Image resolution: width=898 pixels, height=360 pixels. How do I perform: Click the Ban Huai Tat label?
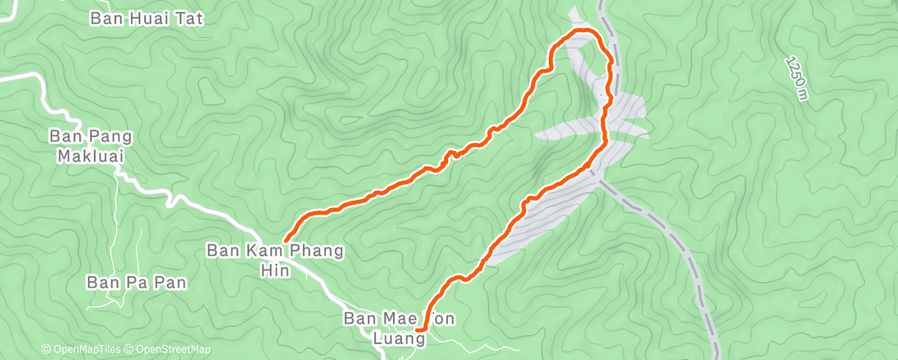click(147, 17)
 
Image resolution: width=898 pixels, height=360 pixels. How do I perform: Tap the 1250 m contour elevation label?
click(796, 78)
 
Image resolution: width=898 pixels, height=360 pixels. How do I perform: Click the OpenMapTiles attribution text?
click(83, 350)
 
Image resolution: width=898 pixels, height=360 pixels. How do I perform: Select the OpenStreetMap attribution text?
click(169, 350)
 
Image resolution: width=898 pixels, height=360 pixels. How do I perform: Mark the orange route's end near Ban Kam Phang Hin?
click(285, 241)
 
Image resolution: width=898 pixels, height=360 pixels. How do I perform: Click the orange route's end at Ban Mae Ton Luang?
click(420, 329)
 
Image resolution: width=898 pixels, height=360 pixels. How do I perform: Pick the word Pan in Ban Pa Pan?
click(168, 282)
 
